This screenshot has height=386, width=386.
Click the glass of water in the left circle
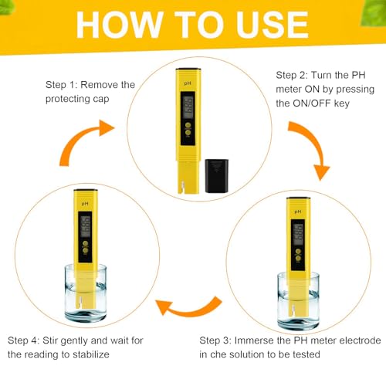click(85, 297)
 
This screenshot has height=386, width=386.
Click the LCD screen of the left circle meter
click(85, 225)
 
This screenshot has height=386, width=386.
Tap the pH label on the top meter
click(186, 82)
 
